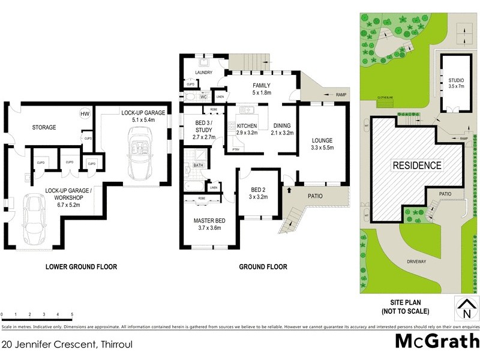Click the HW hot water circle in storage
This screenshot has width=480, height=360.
pyautogui.click(x=85, y=114)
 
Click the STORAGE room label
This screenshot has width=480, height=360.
pyautogui.click(x=44, y=127)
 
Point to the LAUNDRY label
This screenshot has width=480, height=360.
pyautogui.click(x=204, y=74)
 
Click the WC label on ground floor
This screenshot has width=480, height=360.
pyautogui.click(x=203, y=97)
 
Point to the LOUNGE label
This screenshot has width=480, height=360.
pyautogui.click(x=322, y=140)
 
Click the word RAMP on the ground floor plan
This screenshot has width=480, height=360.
pyautogui.click(x=341, y=95)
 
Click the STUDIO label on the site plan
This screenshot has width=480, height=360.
pyautogui.click(x=456, y=80)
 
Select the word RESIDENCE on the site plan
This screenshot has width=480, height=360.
pyautogui.click(x=416, y=165)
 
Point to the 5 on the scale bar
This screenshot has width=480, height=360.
pyautogui.click(x=72, y=314)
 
